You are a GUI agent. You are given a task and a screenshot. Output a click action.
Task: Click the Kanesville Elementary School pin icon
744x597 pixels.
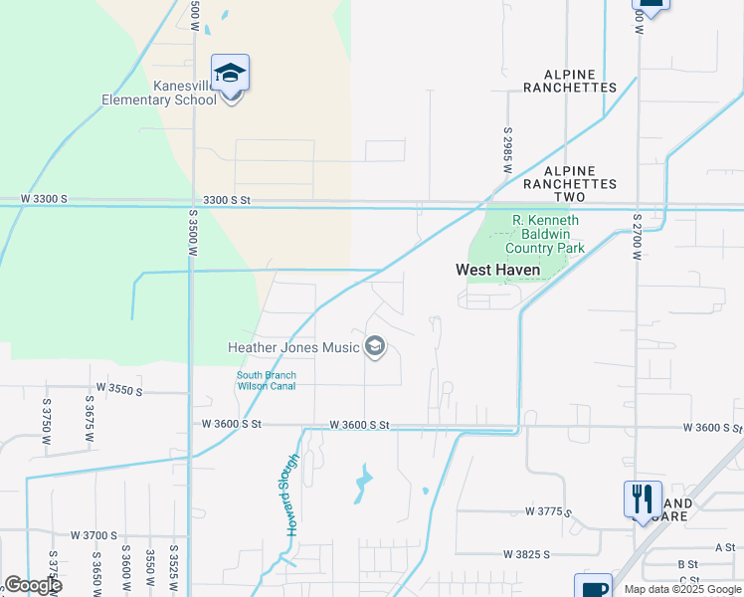click(231, 75)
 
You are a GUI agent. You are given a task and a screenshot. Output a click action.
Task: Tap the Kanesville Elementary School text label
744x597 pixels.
click(159, 93)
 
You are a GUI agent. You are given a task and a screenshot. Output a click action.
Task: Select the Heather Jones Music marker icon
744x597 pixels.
click(375, 346)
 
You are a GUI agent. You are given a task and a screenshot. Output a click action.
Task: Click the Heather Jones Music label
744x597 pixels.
click(293, 347)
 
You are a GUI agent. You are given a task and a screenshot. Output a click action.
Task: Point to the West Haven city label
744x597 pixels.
click(497, 270)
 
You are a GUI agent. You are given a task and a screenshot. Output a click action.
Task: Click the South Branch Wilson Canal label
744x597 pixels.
click(266, 380)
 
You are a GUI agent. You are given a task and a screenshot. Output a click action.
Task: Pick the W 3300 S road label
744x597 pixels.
click(44, 199)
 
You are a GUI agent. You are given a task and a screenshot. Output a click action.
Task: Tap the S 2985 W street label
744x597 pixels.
click(507, 151)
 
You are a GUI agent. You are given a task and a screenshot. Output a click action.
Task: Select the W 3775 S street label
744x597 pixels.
click(550, 511)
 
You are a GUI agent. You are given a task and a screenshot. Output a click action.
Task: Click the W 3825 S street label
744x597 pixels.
click(528, 553)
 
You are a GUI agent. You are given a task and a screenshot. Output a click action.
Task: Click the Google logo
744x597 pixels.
click(33, 585)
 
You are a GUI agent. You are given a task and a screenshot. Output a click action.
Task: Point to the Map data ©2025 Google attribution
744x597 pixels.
click(682, 589)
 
